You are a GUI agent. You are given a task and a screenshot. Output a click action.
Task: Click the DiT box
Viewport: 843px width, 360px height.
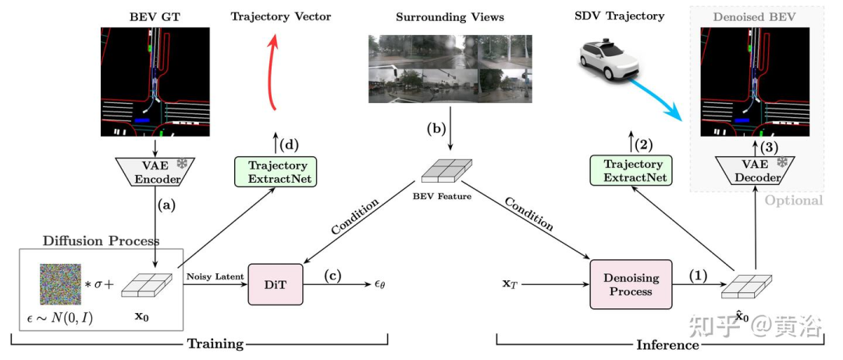click(268, 284)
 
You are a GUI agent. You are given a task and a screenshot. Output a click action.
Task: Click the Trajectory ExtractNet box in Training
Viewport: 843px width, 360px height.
click(276, 172)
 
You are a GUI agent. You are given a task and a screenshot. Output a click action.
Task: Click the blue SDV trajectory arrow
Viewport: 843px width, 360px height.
click(658, 97)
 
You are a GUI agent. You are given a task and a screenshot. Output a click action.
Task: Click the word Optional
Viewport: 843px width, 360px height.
click(793, 201)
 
